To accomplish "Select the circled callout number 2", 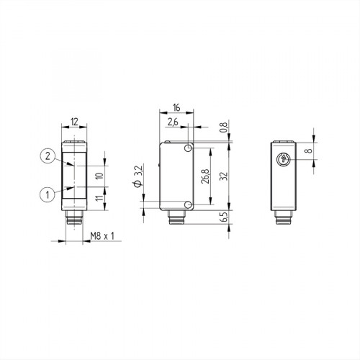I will [46, 156].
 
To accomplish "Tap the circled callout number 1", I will [46, 192].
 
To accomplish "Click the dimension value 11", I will [99, 194].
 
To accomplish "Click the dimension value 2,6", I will [173, 123].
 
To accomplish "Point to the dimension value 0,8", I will [224, 128].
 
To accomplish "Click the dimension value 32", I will [224, 176].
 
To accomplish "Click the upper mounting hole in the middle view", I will [188, 148].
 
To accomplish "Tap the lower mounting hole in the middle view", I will [188, 206].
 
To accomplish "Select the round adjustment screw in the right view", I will [283, 160].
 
